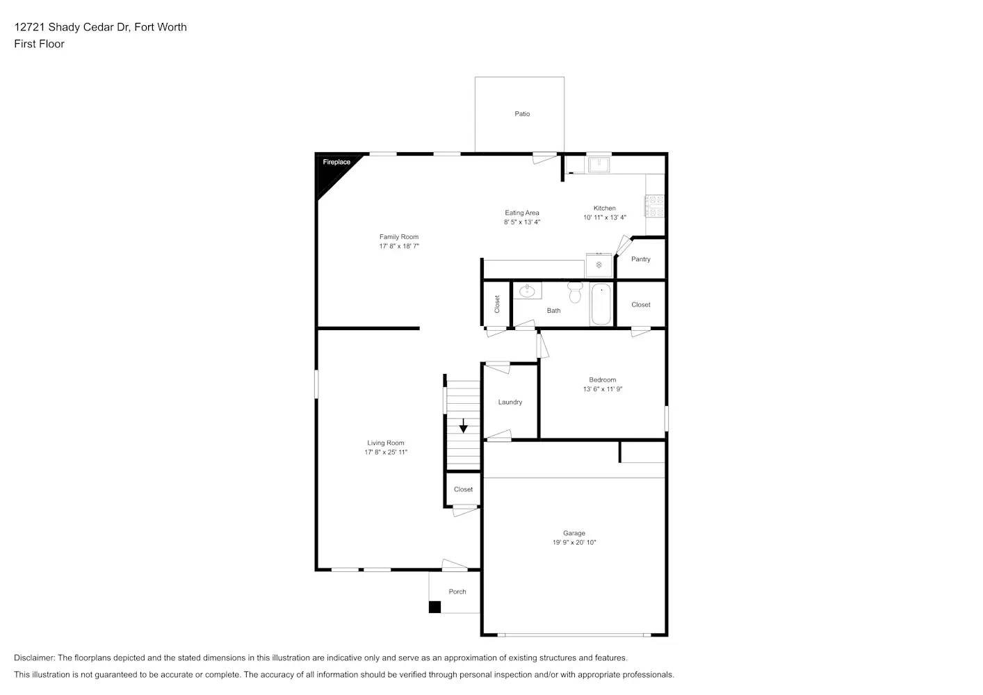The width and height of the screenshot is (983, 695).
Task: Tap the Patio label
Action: (522, 114)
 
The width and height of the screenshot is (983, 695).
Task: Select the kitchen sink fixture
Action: (599, 165)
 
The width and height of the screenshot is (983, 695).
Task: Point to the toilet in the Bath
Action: (575, 292)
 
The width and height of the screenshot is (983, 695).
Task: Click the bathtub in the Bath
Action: (601, 304)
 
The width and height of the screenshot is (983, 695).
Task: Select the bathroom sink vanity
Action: (528, 291)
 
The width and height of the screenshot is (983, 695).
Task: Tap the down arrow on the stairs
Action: (463, 426)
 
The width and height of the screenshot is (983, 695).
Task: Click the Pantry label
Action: (640, 259)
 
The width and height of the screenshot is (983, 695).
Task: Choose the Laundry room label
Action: (510, 402)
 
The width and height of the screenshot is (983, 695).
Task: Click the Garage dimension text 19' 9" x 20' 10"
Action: (574, 543)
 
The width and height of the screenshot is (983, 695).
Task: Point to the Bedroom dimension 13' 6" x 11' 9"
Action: (602, 389)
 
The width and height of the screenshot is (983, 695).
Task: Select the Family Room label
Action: (399, 237)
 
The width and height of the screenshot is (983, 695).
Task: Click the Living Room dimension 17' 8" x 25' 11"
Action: (386, 452)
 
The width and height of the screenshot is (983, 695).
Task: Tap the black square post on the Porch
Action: (434, 607)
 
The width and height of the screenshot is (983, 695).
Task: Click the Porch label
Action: (457, 592)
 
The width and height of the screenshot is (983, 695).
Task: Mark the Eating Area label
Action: (522, 213)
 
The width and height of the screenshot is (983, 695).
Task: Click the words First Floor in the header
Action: (39, 44)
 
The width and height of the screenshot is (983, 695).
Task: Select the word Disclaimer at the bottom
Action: (33, 657)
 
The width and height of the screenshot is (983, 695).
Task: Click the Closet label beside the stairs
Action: (463, 489)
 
